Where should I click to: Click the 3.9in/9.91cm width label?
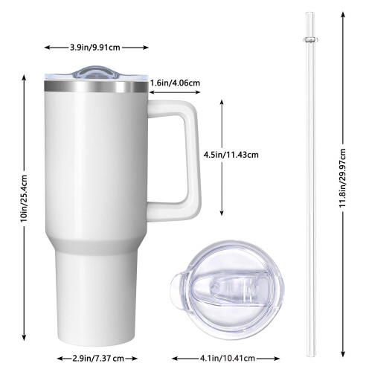pyautogui.click(x=95, y=47)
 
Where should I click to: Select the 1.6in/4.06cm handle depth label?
pyautogui.click(x=175, y=83)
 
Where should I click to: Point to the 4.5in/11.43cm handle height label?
pyautogui.click(x=231, y=155)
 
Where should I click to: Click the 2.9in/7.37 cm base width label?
pyautogui.click(x=98, y=358)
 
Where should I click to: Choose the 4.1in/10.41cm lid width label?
pyautogui.click(x=228, y=358)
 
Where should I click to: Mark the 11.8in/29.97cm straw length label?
pyautogui.click(x=342, y=178)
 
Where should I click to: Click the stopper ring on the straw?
pyautogui.click(x=310, y=39)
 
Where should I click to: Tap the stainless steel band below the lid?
pyautogui.click(x=96, y=87)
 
